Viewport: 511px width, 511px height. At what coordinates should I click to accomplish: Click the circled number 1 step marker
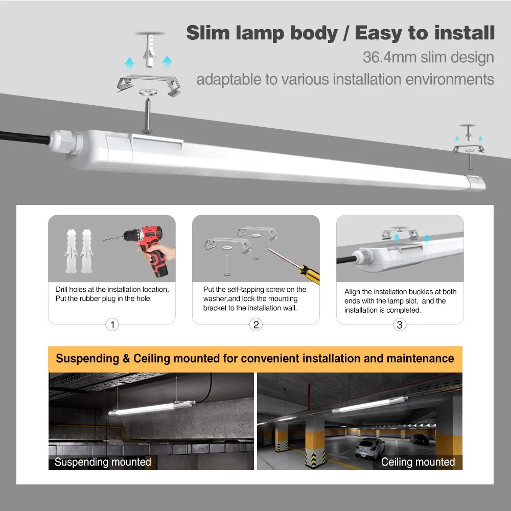112,324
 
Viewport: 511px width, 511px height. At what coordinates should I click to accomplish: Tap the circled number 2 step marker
256,324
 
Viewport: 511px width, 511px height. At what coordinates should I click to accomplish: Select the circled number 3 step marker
400,324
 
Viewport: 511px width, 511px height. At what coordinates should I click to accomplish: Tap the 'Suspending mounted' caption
103,462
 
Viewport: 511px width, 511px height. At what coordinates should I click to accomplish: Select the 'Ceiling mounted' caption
417,462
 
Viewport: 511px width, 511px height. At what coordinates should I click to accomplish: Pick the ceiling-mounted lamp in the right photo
369,405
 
